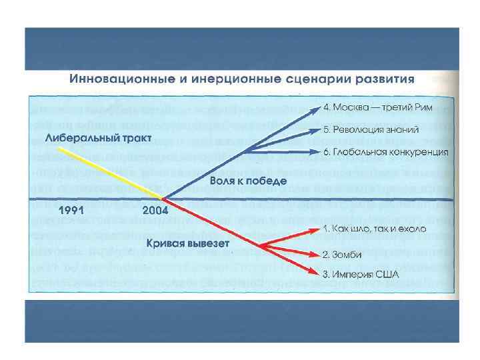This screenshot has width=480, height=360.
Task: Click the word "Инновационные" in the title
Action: pyautogui.click(x=113, y=78)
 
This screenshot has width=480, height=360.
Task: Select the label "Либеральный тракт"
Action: pyautogui.click(x=99, y=138)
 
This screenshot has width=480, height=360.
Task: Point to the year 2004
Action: pyautogui.click(x=155, y=210)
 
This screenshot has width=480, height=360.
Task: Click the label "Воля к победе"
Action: pyautogui.click(x=248, y=180)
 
